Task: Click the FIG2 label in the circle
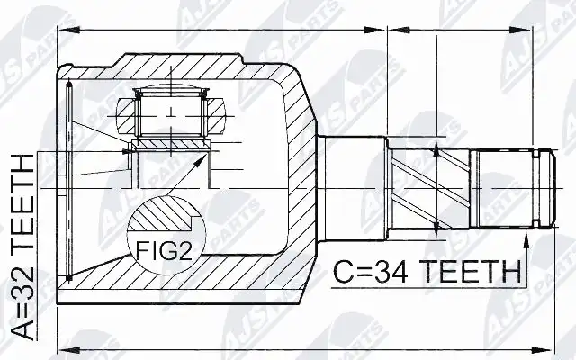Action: click(x=164, y=250)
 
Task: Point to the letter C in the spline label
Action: click(x=343, y=272)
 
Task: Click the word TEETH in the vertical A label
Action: click(x=22, y=206)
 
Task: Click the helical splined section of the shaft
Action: click(x=429, y=189)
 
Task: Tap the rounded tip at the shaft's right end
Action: click(x=549, y=188)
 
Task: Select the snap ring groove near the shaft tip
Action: click(x=536, y=188)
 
